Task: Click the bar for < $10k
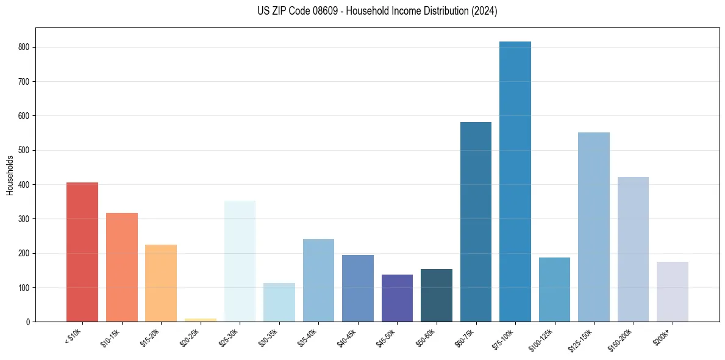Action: pos(82,252)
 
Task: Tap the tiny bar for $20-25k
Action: pos(201,320)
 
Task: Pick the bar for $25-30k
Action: pos(240,261)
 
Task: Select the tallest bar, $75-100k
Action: pos(515,181)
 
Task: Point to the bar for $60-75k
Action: pos(476,221)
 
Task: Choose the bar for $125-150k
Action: pos(594,227)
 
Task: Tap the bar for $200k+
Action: pos(673,292)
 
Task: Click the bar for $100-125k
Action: pos(554,289)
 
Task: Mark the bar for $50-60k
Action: pos(437,295)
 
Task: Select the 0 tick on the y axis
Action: pos(29,322)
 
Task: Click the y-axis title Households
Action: pos(10,175)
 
